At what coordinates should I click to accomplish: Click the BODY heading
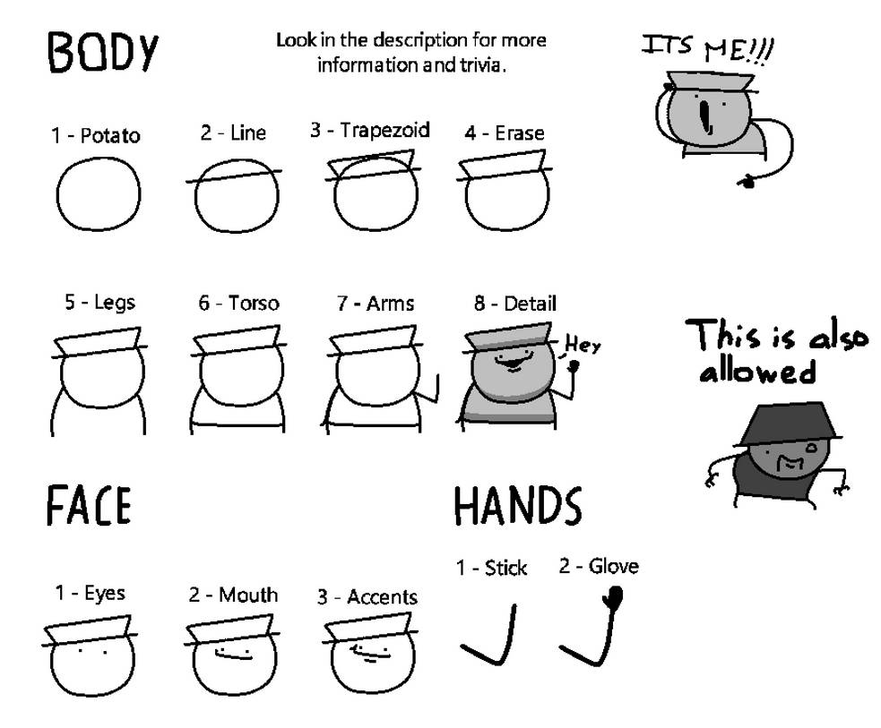click(102, 54)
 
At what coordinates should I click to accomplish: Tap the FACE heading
click(89, 506)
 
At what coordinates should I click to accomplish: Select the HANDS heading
click(517, 506)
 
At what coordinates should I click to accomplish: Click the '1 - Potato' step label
click(95, 136)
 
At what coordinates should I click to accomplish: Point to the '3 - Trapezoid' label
click(369, 131)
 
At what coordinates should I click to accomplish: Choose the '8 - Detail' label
click(515, 304)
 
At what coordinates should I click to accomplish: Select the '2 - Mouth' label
click(233, 595)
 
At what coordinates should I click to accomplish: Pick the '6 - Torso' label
click(238, 304)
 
